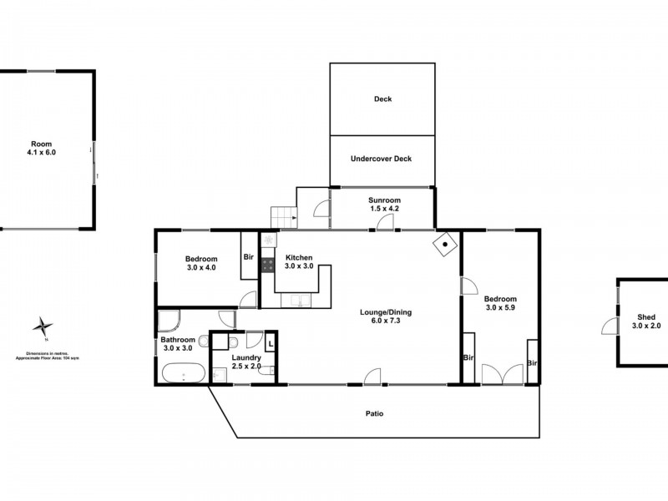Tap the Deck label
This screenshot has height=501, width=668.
[x=382, y=99]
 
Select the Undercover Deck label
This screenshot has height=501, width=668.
[x=382, y=159]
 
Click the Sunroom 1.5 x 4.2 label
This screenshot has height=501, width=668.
[x=385, y=205]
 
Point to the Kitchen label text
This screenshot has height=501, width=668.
[x=298, y=257]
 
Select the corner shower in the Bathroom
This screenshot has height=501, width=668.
[x=167, y=321]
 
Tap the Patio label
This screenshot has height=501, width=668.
[x=374, y=412]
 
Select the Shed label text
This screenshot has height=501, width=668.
[x=645, y=317]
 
